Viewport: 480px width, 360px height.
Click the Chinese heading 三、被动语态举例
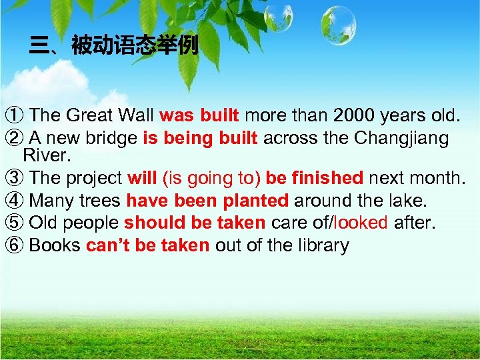coord(114,46)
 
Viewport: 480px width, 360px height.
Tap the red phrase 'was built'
coord(199,115)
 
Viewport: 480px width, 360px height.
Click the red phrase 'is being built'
coord(201,138)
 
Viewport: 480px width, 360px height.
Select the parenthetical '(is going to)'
coord(211,178)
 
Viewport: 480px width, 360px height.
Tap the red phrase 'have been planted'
coord(207,201)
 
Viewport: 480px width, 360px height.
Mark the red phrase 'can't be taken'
coord(147,245)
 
